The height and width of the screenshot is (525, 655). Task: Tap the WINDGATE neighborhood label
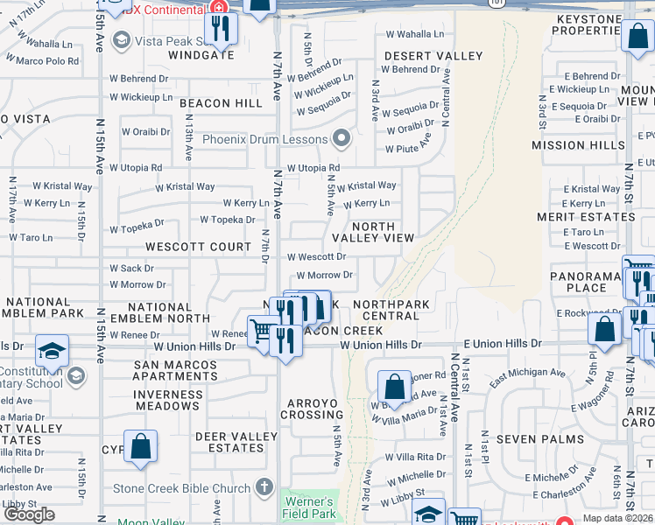[207, 54]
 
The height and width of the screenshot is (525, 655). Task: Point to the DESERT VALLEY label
[433, 56]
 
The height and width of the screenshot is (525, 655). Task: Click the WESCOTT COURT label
[199, 248]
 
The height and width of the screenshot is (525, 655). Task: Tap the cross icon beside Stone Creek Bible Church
[266, 487]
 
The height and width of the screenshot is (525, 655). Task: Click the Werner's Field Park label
[308, 507]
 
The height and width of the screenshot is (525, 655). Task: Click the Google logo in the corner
[29, 514]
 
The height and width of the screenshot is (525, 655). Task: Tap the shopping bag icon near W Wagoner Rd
[395, 386]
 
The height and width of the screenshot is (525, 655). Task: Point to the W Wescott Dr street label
[317, 257]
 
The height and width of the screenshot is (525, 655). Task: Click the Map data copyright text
[618, 518]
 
